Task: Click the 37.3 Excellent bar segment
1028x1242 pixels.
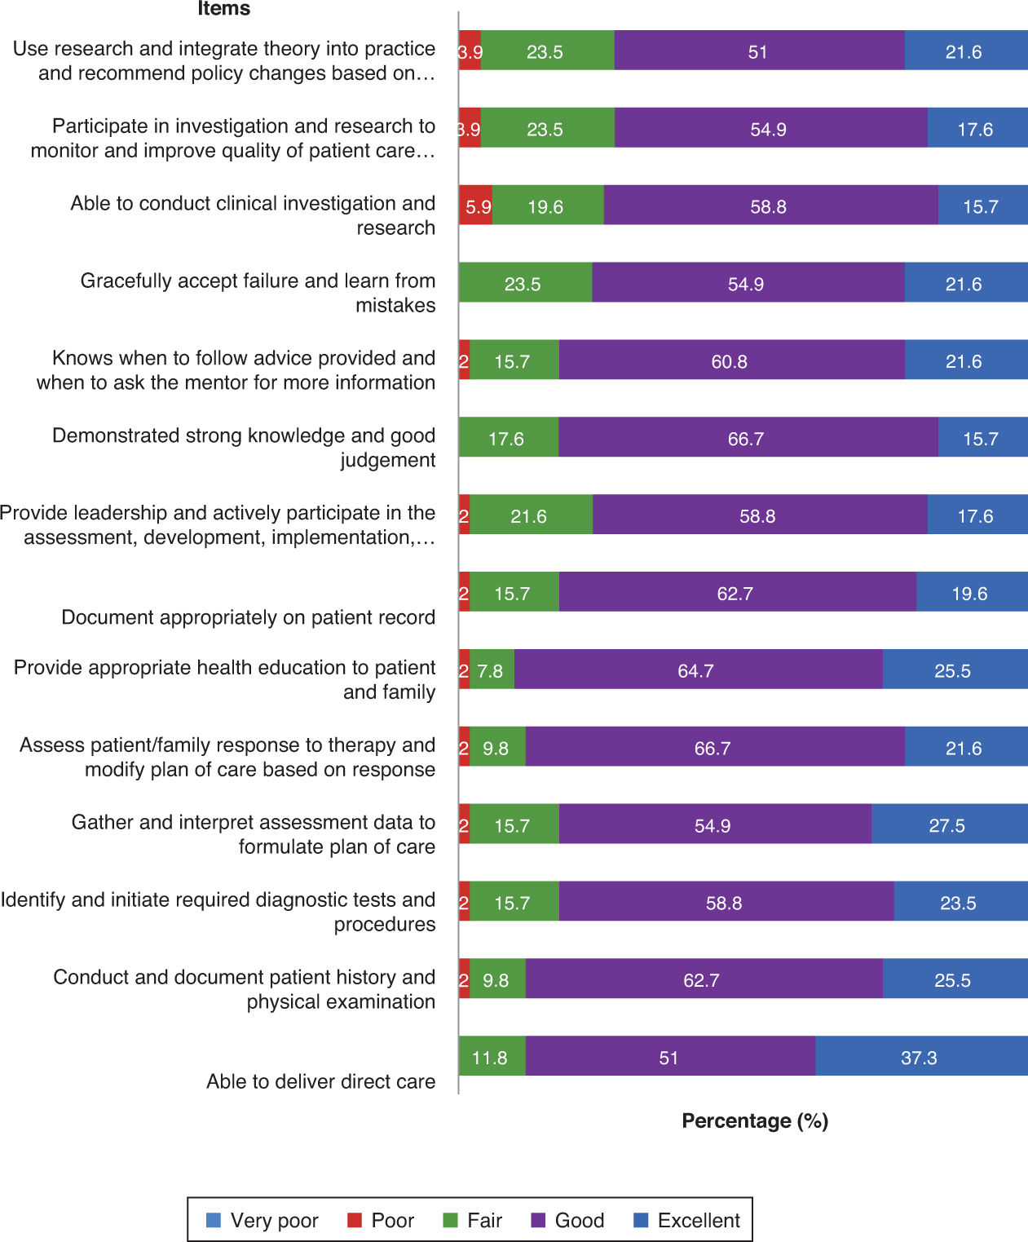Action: (x=920, y=1057)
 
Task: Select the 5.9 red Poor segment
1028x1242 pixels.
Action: (x=476, y=206)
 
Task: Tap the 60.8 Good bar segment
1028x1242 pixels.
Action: (x=730, y=361)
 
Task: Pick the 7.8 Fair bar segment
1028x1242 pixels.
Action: (x=492, y=670)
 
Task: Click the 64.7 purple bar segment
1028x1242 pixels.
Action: (x=697, y=670)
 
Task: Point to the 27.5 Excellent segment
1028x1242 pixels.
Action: (x=948, y=825)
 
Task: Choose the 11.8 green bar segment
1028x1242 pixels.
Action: (x=491, y=1057)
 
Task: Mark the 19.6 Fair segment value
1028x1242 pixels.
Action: (x=546, y=206)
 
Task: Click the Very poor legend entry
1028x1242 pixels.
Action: (x=263, y=1220)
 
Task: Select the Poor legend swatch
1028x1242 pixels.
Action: (x=355, y=1220)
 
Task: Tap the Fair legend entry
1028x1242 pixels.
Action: (x=473, y=1220)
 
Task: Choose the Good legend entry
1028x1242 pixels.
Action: (x=567, y=1220)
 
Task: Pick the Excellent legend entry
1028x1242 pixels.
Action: (x=686, y=1220)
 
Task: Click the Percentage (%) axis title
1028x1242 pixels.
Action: (x=755, y=1120)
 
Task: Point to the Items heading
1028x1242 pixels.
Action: (x=223, y=9)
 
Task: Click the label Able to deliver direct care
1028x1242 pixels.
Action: (x=320, y=1081)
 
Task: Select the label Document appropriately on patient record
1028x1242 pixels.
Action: (x=248, y=617)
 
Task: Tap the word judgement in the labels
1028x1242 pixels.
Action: (x=387, y=460)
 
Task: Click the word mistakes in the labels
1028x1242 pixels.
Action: (x=395, y=305)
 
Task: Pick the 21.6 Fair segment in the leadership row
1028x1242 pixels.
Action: (x=530, y=516)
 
